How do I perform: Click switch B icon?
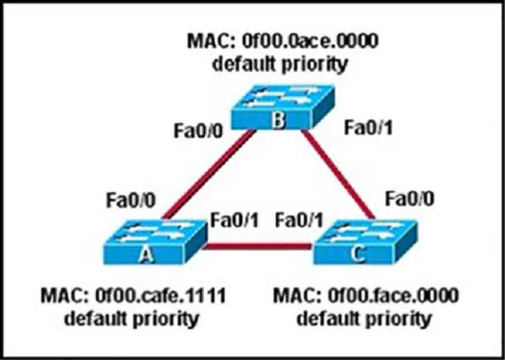click(283, 107)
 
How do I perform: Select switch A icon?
click(155, 242)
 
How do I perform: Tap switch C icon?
click(365, 242)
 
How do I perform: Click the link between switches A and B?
click(208, 174)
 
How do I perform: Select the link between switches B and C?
click(338, 174)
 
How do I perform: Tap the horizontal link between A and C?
click(258, 246)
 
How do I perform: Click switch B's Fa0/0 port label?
click(198, 131)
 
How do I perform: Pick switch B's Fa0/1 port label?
click(368, 128)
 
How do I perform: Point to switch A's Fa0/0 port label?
click(131, 200)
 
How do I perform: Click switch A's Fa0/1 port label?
click(234, 221)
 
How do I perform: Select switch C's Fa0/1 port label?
click(300, 221)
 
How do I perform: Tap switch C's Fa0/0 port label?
click(410, 199)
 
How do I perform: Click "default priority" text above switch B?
click(280, 65)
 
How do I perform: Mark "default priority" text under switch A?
click(131, 318)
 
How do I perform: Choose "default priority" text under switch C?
click(364, 318)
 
